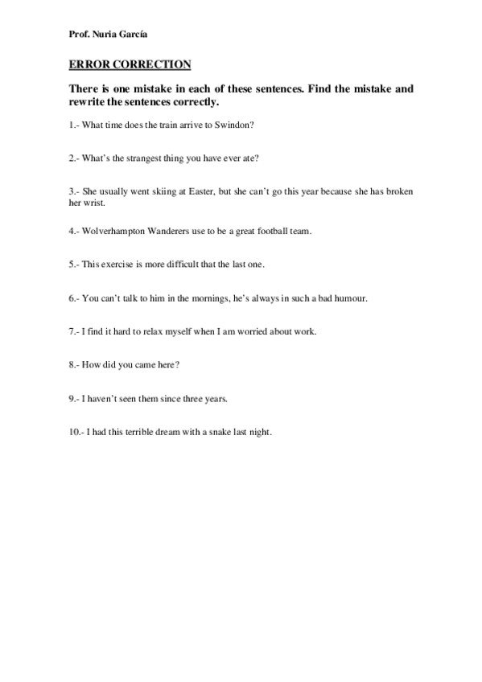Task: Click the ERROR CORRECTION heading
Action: (x=130, y=64)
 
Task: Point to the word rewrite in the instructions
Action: (x=87, y=103)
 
